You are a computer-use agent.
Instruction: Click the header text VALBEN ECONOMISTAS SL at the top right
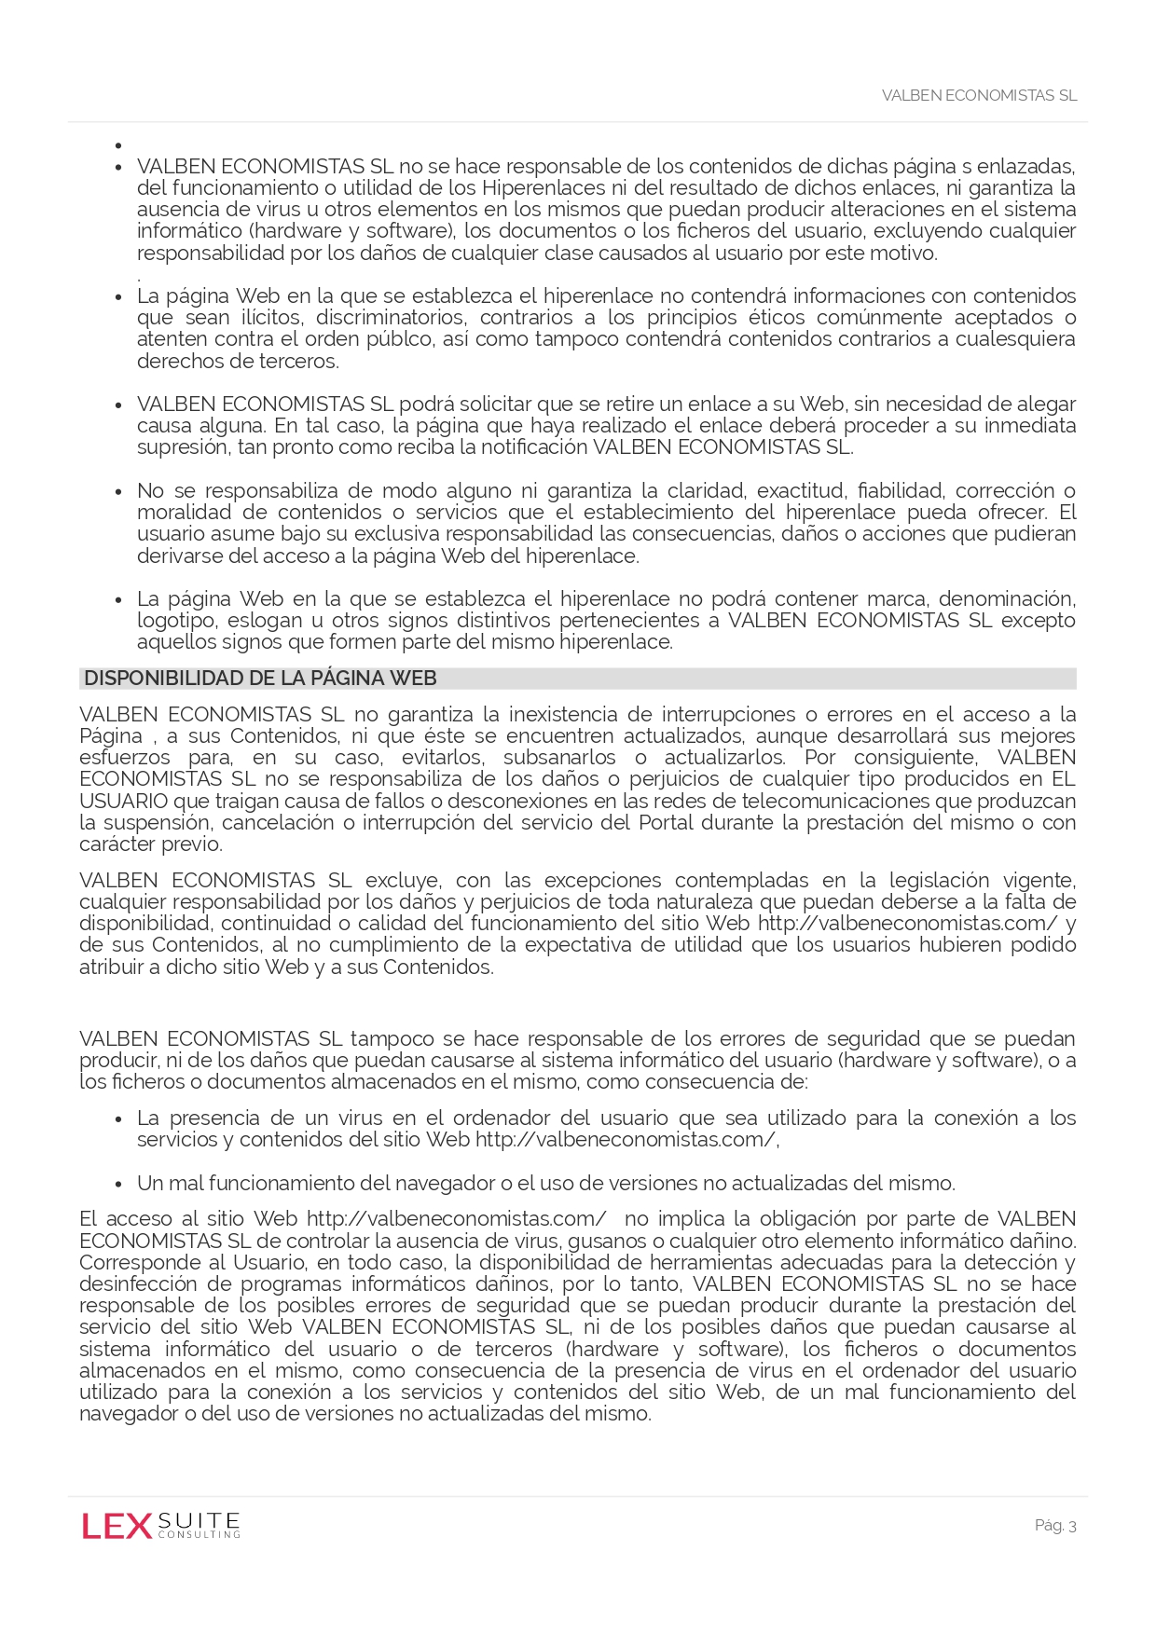[x=979, y=95]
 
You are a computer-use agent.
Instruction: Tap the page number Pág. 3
[x=1055, y=1525]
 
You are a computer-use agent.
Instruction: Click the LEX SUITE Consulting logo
[x=160, y=1525]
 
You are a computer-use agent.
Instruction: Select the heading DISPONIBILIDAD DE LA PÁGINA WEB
[x=260, y=679]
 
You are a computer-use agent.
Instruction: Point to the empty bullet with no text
[x=118, y=145]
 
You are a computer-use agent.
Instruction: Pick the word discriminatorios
[x=390, y=318]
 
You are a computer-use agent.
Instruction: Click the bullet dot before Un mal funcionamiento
[x=118, y=1185]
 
